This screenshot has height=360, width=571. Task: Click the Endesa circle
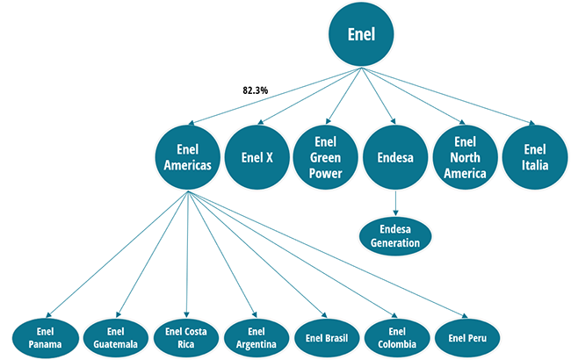coord(394,158)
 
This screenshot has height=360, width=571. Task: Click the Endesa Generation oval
coord(394,235)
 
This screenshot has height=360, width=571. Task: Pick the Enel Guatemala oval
coord(115,337)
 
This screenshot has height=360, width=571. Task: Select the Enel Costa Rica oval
coord(185,337)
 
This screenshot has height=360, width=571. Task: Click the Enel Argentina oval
coord(256,337)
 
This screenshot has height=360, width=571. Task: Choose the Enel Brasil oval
coord(326,337)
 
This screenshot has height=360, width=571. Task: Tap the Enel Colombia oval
coord(396,337)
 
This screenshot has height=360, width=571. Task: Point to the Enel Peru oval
coord(466,337)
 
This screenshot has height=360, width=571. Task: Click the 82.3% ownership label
coord(257,90)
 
